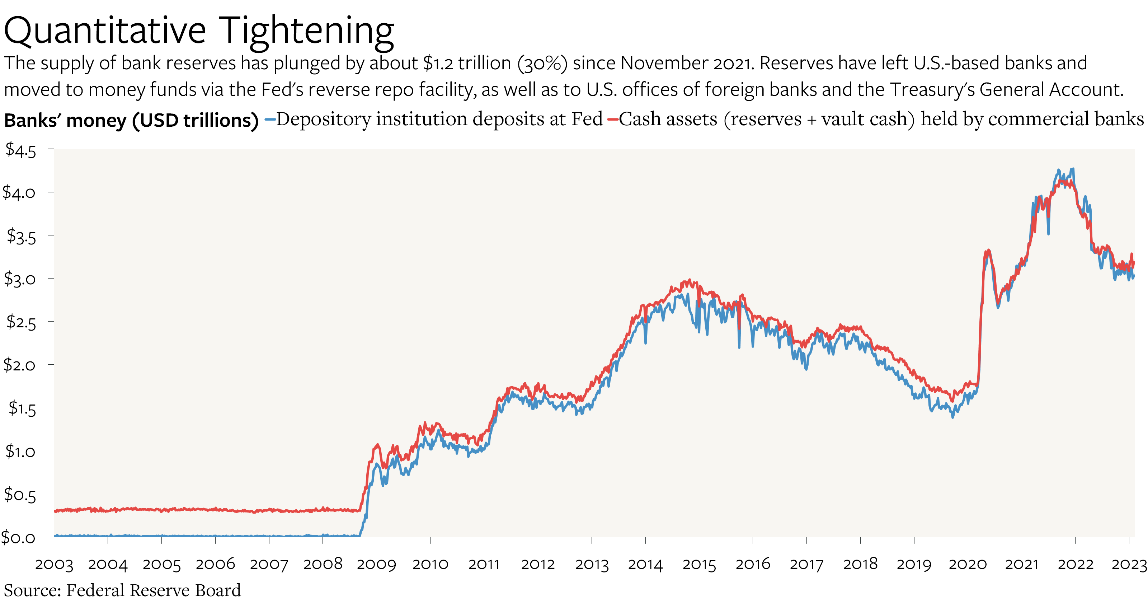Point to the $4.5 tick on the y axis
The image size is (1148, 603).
tap(20, 150)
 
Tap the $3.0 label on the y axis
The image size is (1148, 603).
tap(20, 279)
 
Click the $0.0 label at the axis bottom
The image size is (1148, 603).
tap(18, 537)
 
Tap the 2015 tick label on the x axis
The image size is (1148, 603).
tap(699, 564)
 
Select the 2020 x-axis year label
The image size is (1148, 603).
tap(968, 564)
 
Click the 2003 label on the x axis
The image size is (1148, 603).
tap(54, 564)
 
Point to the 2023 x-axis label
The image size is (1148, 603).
tap(1129, 564)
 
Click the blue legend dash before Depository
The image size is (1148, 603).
tap(270, 120)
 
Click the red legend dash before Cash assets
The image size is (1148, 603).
tap(612, 120)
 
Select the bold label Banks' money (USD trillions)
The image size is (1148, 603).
tap(131, 121)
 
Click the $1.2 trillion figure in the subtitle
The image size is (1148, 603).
tap(467, 63)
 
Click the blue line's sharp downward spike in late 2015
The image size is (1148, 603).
tap(739, 347)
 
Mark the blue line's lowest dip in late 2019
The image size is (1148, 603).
tap(953, 417)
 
